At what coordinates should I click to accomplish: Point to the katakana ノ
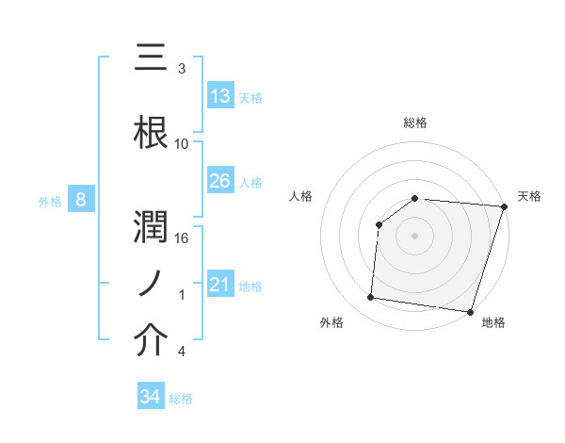pos(153,280)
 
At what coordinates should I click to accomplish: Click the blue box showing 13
pos(220,96)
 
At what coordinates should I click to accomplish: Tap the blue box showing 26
pos(220,181)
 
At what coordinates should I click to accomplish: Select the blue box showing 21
pos(220,285)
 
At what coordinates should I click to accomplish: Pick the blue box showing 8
pos(81,200)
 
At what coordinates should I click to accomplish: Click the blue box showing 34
pos(151,397)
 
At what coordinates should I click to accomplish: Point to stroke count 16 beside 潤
pos(182,238)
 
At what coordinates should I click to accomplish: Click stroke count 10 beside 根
pos(182,144)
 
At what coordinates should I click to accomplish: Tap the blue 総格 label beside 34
pos(182,399)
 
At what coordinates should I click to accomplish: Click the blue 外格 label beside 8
pos(50,201)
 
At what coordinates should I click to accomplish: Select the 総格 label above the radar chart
pos(415,123)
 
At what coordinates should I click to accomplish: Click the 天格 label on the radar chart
pos(530,197)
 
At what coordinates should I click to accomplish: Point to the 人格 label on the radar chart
pos(301,197)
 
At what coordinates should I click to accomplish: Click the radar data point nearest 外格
pos(371,298)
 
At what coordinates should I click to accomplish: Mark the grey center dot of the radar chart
pos(415,236)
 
